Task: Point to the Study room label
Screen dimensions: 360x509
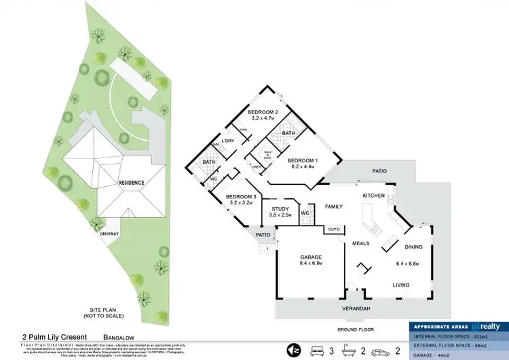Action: tap(280, 209)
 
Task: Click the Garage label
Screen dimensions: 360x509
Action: tap(311, 257)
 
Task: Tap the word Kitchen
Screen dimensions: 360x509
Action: tap(373, 196)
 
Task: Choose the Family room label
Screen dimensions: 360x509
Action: tap(333, 206)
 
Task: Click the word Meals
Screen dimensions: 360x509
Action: tap(360, 242)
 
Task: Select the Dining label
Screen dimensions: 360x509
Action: tap(413, 247)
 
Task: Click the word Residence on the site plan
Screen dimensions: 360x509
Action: tap(131, 183)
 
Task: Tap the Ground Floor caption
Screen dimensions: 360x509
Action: tap(356, 329)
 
